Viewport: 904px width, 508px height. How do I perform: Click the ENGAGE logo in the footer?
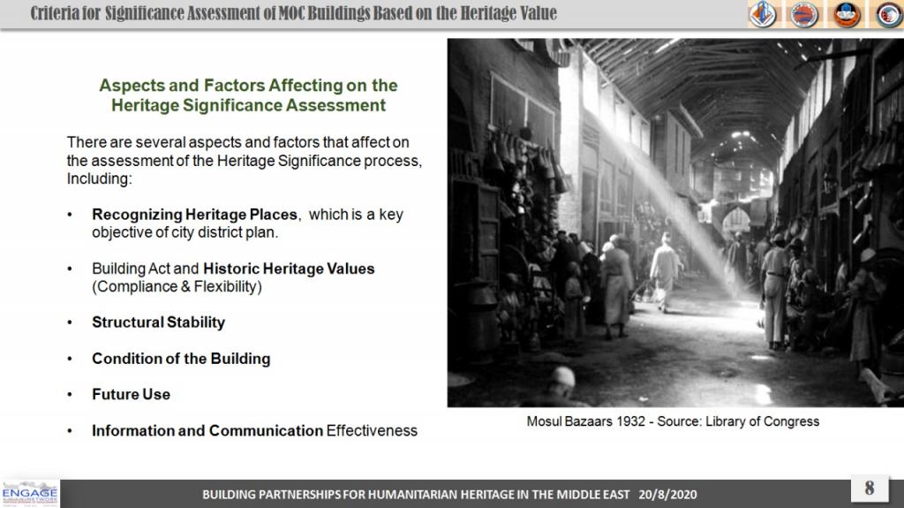click(29, 494)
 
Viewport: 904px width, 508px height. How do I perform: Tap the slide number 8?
click(870, 488)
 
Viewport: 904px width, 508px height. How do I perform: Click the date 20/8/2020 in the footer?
click(667, 495)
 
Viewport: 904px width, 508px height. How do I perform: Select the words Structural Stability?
click(159, 322)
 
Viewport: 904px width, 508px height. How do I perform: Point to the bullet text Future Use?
click(131, 394)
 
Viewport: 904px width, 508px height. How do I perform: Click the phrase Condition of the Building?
click(181, 359)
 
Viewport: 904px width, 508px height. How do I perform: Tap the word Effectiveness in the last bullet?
click(372, 430)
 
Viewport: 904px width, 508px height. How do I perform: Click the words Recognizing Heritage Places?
click(195, 215)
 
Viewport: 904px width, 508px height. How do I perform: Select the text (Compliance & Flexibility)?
click(177, 287)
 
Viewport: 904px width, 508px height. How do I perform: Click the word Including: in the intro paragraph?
click(99, 179)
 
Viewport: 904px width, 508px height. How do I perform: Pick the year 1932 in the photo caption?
click(630, 421)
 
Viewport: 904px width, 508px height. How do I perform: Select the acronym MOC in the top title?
click(291, 12)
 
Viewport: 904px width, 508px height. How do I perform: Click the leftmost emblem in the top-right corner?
click(762, 14)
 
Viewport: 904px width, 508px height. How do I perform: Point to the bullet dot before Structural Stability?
click(70, 322)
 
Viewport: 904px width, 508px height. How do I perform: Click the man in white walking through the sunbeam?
click(664, 271)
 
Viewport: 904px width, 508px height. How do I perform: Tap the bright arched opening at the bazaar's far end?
click(736, 221)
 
